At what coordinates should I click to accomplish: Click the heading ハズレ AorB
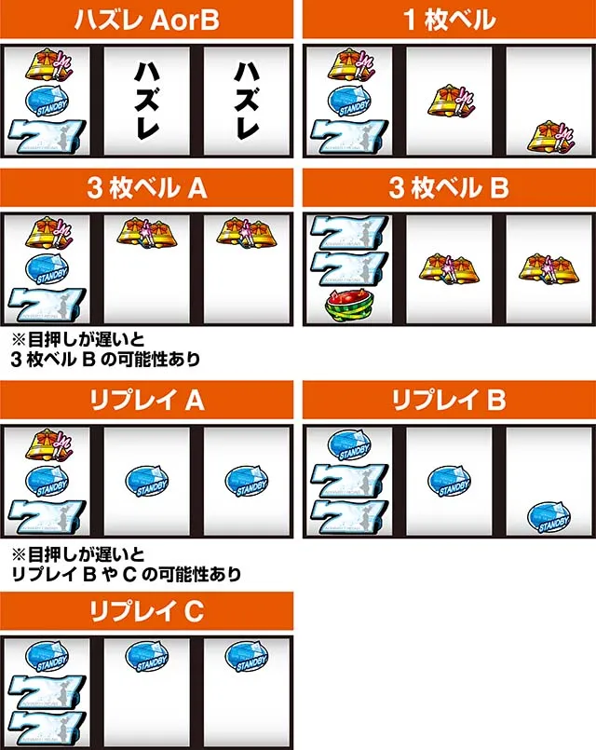pyautogui.click(x=146, y=20)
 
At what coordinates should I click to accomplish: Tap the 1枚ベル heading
pyautogui.click(x=449, y=20)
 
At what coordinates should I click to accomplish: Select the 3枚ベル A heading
pyautogui.click(x=147, y=187)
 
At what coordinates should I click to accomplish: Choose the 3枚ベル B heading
pyautogui.click(x=449, y=187)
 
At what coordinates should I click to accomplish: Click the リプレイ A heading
pyautogui.click(x=147, y=400)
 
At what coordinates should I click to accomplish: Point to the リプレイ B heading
pyautogui.click(x=449, y=400)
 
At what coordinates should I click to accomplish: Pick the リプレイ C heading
pyautogui.click(x=147, y=611)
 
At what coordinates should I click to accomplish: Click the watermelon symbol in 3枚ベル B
pyautogui.click(x=348, y=307)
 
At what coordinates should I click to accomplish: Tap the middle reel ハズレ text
pyautogui.click(x=147, y=101)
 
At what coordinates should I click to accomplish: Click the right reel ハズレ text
pyautogui.click(x=247, y=101)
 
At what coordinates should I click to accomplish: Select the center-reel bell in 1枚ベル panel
pyautogui.click(x=450, y=102)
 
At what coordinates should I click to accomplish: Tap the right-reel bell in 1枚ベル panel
pyautogui.click(x=550, y=137)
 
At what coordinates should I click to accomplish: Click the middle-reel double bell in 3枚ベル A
pyautogui.click(x=147, y=233)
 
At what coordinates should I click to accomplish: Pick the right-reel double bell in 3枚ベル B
pyautogui.click(x=549, y=268)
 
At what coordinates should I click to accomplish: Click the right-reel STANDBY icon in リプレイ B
pyautogui.click(x=549, y=517)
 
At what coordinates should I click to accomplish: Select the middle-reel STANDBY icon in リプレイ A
pyautogui.click(x=147, y=481)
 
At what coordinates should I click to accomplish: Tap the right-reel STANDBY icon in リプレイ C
pyautogui.click(x=247, y=657)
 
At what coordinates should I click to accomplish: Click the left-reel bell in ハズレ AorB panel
pyautogui.click(x=49, y=64)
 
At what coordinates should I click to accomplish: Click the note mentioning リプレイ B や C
pyautogui.click(x=126, y=565)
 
